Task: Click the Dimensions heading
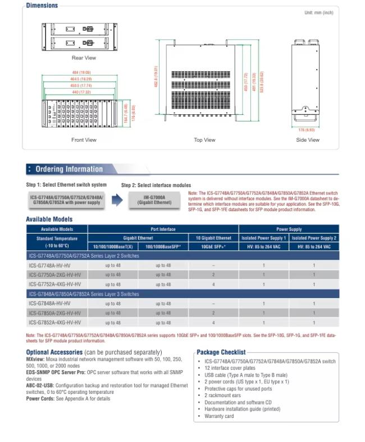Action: click(42, 6)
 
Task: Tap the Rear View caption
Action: click(84, 58)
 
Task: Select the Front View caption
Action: click(84, 140)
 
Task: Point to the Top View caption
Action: click(204, 140)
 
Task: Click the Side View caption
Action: click(308, 140)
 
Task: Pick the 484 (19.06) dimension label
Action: click(81, 73)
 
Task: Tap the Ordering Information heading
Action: click(69, 169)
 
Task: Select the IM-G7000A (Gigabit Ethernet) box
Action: click(154, 199)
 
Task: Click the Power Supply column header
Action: click(289, 229)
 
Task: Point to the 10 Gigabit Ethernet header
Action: click(213, 238)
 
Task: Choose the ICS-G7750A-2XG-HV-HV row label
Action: click(55, 275)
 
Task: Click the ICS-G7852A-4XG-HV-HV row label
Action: click(55, 323)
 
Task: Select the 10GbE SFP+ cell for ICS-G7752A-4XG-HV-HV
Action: click(213, 285)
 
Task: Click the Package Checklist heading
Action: click(221, 352)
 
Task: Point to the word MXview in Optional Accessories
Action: click(35, 358)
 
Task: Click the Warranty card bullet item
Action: click(219, 416)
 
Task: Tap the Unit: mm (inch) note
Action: click(318, 12)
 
